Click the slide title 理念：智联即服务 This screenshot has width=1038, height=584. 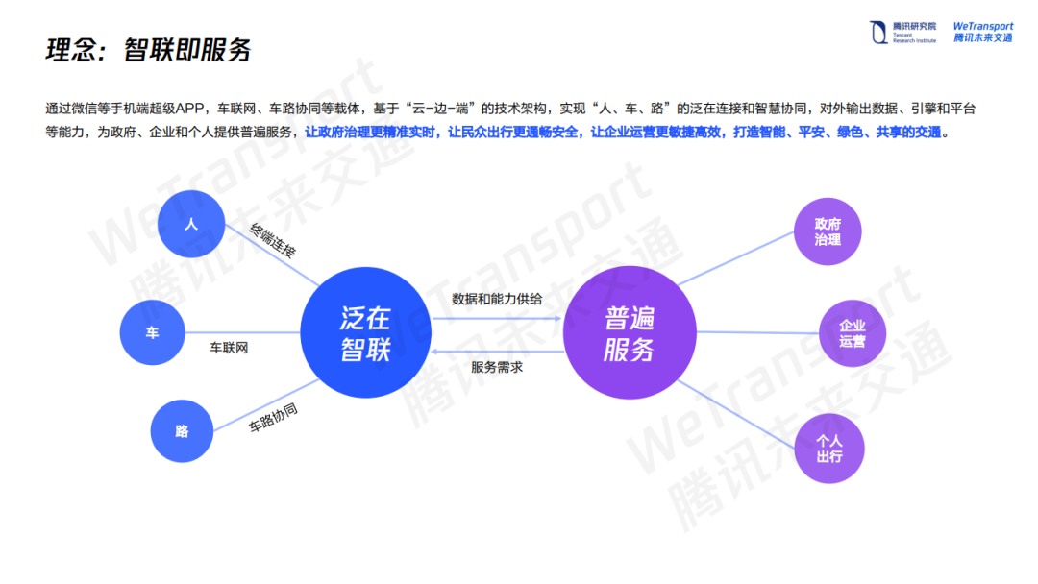[148, 51]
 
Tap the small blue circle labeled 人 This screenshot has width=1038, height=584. [190, 225]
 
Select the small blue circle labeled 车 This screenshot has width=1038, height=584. [152, 332]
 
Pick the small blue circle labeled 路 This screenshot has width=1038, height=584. [183, 431]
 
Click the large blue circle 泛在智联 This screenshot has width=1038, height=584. [365, 332]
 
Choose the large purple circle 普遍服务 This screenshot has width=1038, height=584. [629, 332]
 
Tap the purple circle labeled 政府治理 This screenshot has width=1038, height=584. [828, 231]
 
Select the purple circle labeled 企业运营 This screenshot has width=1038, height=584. [852, 333]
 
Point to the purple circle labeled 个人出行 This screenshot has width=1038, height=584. [828, 449]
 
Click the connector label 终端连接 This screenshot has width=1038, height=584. [273, 241]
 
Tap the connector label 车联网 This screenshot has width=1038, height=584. [229, 348]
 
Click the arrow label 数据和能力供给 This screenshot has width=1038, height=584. [497, 299]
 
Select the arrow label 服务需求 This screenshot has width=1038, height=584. [497, 367]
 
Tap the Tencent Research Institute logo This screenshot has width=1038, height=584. [902, 33]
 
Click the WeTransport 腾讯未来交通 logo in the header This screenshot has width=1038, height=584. [982, 33]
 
